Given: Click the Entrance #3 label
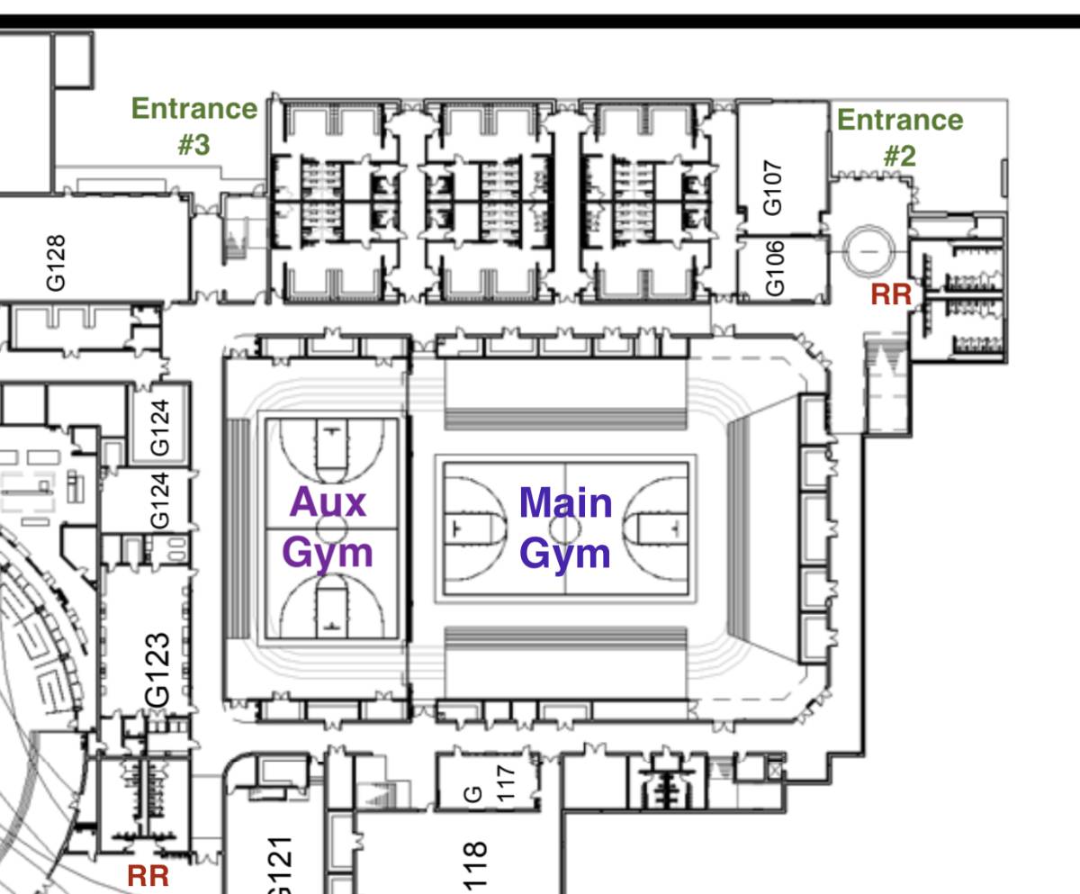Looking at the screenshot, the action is coord(194,126).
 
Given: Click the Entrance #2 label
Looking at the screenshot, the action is coord(900,137).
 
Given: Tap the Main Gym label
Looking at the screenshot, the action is coord(565,528).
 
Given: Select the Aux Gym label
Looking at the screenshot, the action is coord(328,528).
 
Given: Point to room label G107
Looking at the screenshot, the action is coord(772,187).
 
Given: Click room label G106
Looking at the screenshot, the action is coord(775,268).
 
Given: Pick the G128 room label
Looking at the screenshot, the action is coord(56,263).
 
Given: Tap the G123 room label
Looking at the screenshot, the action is coord(157,670).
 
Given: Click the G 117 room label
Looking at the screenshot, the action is coord(490,784).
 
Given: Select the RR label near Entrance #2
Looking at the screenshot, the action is coord(891,294).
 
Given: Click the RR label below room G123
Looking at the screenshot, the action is coord(148,876).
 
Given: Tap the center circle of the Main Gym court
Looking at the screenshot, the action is coord(565,528).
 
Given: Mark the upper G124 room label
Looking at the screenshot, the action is coord(160,428).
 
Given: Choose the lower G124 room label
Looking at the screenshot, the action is coord(160,501).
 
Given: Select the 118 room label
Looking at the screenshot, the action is coord(474,867).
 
